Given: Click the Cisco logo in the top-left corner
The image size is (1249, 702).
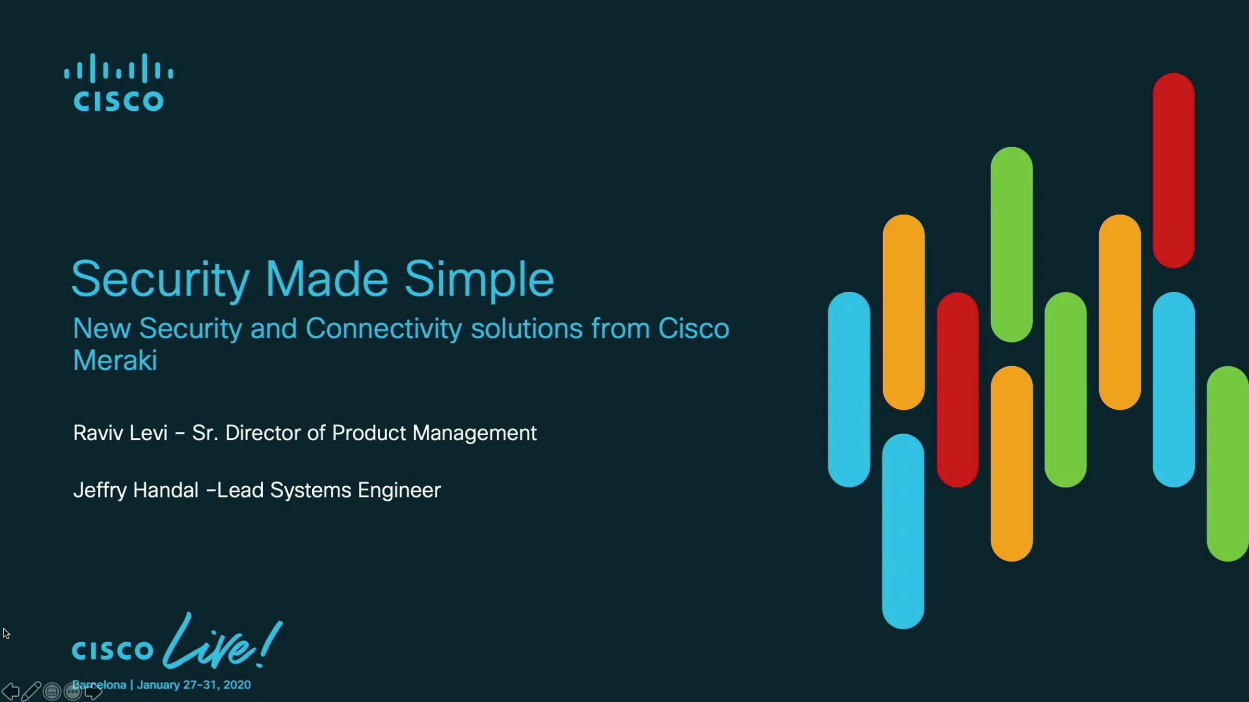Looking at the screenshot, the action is [119, 82].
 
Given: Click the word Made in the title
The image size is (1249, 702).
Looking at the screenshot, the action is [327, 279].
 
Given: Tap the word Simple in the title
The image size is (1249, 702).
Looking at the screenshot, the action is [479, 281].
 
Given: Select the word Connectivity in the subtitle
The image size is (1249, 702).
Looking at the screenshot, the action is [384, 329].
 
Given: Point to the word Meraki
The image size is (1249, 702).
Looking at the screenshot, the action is [115, 360].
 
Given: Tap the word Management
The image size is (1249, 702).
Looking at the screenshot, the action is [474, 434].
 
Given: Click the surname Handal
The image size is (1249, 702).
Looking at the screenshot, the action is [166, 490].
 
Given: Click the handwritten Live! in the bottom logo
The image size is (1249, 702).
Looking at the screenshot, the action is [223, 641].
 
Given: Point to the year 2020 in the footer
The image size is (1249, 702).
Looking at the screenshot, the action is [237, 685].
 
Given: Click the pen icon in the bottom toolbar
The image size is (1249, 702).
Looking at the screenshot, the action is [31, 691].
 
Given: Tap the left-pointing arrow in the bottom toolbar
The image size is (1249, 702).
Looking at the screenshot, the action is [10, 692].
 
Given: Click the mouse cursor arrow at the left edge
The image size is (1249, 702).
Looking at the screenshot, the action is [6, 633].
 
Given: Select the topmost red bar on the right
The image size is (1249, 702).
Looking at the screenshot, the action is [1174, 171].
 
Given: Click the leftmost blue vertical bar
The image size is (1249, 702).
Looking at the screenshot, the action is [849, 389].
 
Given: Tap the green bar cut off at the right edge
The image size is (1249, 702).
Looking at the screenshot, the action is [1228, 464].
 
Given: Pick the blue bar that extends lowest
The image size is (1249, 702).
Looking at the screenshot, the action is [903, 531].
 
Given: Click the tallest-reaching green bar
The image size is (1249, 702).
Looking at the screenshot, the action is [1012, 244].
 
